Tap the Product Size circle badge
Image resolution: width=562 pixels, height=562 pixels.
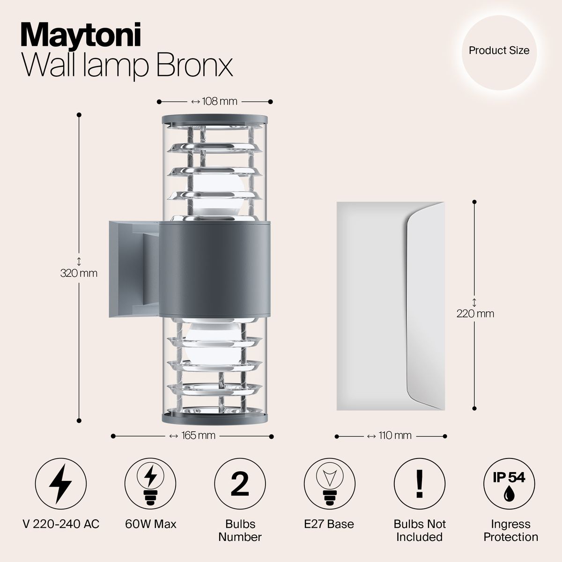[x=499, y=51]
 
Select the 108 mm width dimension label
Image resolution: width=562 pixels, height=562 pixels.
[x=214, y=101]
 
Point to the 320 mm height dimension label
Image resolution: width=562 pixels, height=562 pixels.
[x=79, y=273]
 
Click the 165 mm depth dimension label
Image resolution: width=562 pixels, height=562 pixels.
[x=192, y=436]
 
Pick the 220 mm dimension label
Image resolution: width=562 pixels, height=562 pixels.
[x=475, y=313]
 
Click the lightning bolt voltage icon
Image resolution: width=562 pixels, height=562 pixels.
[x=60, y=483]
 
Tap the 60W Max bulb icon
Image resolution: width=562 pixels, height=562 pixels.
[x=150, y=483]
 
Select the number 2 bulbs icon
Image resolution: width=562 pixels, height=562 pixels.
[x=240, y=483]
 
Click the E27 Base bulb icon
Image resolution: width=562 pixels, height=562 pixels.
[x=329, y=483]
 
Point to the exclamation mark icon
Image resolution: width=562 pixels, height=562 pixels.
[x=419, y=483]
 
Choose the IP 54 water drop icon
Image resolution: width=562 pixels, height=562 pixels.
[x=509, y=483]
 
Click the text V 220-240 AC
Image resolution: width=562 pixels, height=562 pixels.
[x=60, y=524]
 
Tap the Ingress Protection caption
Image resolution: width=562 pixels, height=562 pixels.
[x=510, y=530]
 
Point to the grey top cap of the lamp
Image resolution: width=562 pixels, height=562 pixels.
[x=214, y=118]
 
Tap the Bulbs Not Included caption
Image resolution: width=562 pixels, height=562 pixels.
[x=419, y=530]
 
